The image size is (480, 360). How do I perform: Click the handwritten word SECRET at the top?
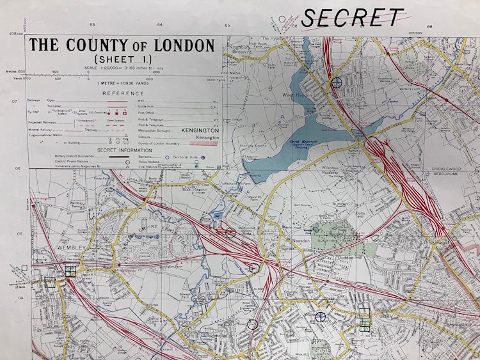point(353,17)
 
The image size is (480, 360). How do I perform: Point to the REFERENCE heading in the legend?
point(124,93)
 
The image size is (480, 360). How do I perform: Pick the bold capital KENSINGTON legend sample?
point(200,130)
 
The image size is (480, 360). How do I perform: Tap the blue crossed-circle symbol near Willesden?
point(320,316)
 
